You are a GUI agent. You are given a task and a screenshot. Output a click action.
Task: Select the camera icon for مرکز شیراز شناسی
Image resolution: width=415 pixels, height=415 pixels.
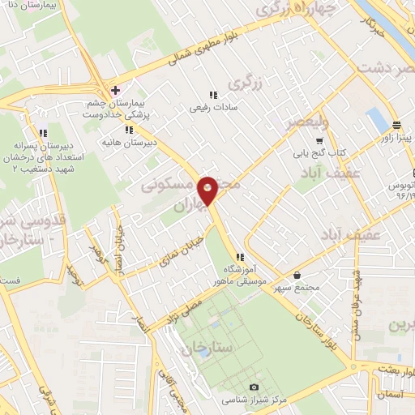[x=255, y=387]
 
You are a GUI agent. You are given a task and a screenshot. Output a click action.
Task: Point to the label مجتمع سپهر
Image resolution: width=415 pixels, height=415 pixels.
[x=298, y=289]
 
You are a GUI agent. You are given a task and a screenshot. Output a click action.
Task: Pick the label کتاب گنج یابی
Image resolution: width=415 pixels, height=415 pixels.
[x=319, y=152]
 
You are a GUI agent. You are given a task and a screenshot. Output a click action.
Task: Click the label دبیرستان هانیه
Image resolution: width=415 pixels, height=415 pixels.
[x=127, y=142]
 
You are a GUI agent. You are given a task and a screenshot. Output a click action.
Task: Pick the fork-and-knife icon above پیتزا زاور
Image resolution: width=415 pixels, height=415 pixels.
[x=396, y=124]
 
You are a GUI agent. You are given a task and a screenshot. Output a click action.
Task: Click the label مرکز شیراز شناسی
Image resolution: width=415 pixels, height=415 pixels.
[x=255, y=401]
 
